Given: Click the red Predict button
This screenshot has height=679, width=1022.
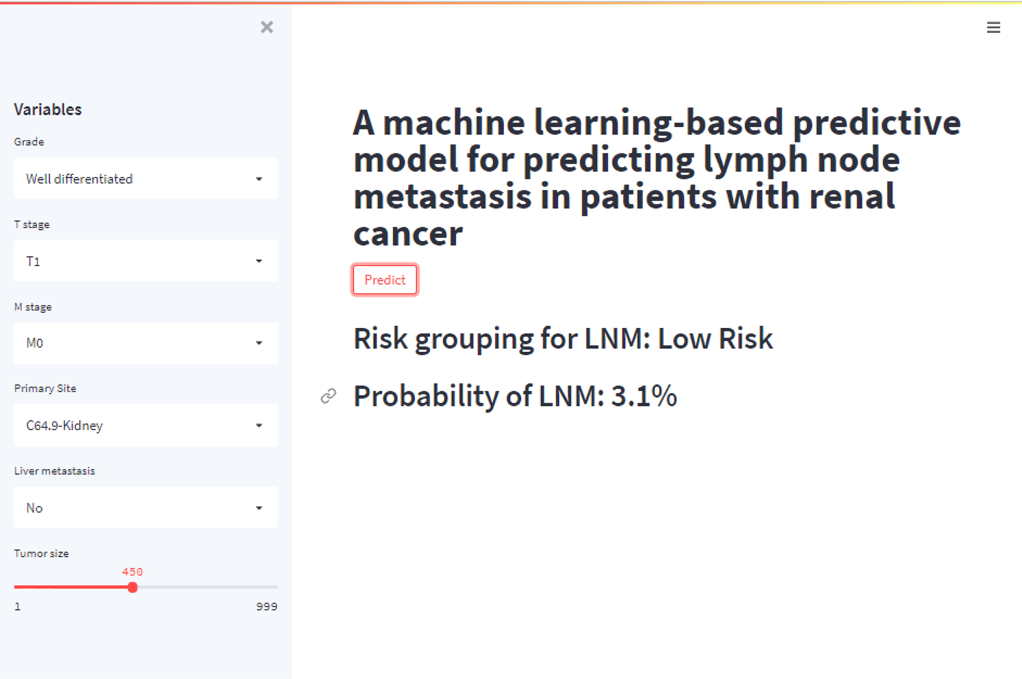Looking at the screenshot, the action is [385, 280].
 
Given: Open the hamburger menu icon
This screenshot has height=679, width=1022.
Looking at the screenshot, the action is [993, 27].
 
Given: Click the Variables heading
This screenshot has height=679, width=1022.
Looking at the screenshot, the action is [48, 110].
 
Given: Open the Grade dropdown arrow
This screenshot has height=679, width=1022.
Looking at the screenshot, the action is [259, 179].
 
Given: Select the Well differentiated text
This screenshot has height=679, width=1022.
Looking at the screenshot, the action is [79, 179].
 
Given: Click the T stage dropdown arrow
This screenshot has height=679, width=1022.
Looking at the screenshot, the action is [259, 261].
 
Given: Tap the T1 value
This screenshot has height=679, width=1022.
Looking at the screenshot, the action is [33, 261].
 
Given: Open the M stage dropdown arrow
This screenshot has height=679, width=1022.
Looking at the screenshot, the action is [259, 343].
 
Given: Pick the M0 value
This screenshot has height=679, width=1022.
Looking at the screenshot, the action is [35, 343].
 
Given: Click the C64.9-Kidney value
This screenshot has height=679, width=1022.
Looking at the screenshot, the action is [64, 426].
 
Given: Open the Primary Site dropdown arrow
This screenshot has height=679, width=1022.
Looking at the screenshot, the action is [259, 425].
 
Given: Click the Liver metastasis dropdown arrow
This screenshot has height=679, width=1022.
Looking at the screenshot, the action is [259, 508].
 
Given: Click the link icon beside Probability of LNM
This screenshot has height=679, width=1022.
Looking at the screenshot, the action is [328, 396].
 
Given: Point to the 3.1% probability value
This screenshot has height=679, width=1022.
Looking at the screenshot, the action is [644, 396].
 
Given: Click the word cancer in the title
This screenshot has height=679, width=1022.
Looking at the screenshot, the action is [408, 234].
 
